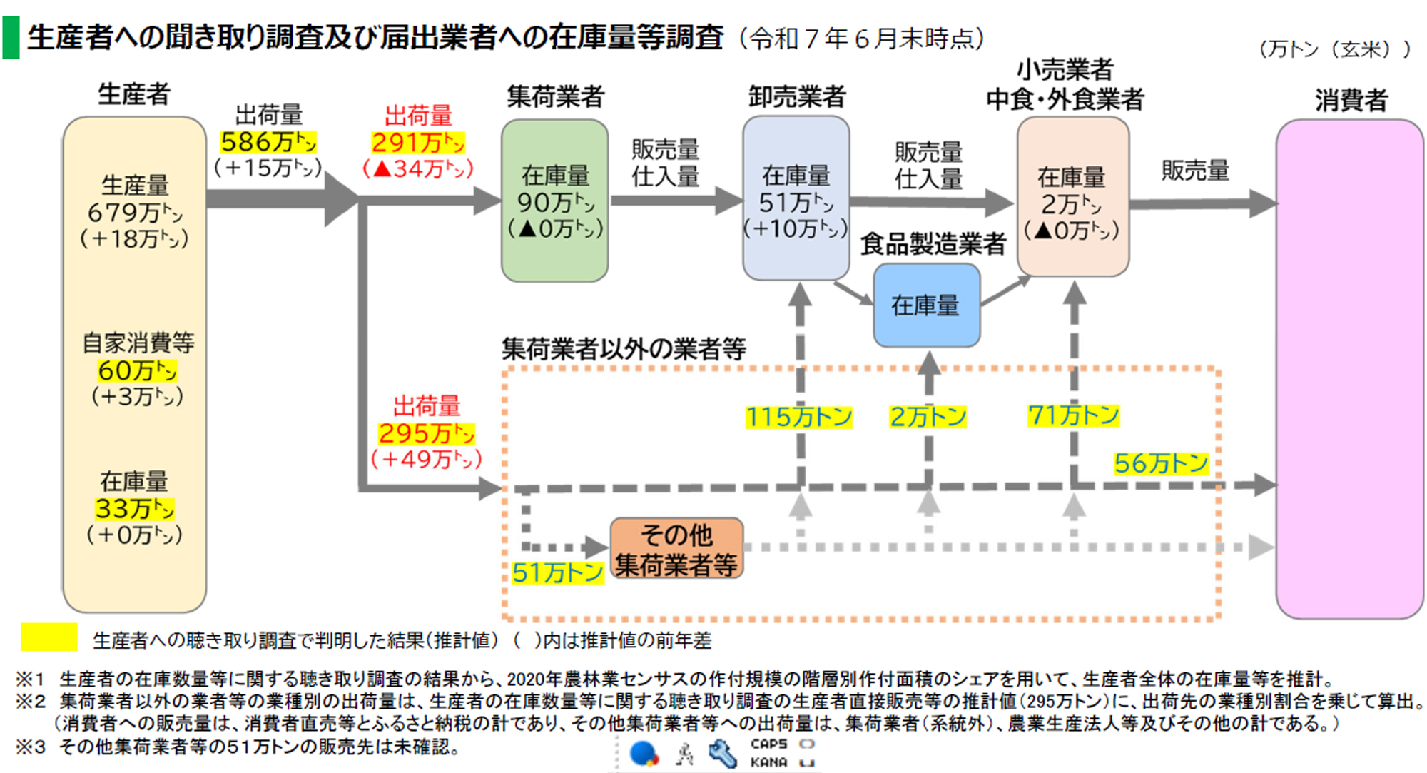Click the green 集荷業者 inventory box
(x=554, y=201)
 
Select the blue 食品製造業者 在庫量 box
(x=926, y=305)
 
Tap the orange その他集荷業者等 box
(x=676, y=548)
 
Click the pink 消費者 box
(x=1349, y=368)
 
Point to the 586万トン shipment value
(x=268, y=142)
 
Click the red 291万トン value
(x=418, y=143)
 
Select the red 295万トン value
(x=426, y=433)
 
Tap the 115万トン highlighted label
(x=798, y=417)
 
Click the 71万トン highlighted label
(x=1073, y=415)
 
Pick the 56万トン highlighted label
(x=1161, y=463)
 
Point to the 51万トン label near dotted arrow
(x=557, y=572)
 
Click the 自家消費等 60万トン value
(x=137, y=370)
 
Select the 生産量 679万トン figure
(x=135, y=212)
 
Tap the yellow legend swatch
(x=49, y=637)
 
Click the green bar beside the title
(x=11, y=38)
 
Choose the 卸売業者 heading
(x=797, y=96)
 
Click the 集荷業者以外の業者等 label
(x=624, y=349)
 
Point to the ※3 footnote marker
(x=31, y=747)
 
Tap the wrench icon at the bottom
(x=722, y=754)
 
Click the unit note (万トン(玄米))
(x=1334, y=49)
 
